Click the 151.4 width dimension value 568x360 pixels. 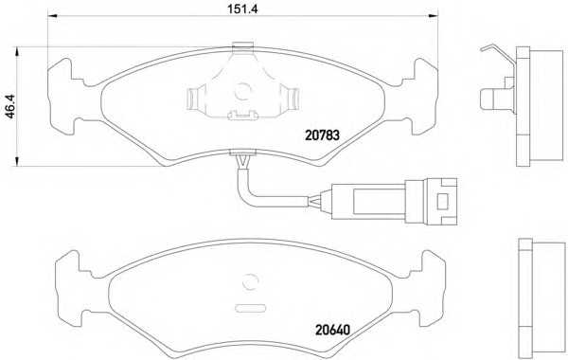pyautogui.click(x=242, y=9)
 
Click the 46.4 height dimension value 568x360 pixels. pyautogui.click(x=10, y=106)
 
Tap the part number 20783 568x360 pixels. pyautogui.click(x=323, y=135)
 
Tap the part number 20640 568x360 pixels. pyautogui.click(x=332, y=330)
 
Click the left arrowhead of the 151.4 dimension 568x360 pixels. pyautogui.click(x=52, y=15)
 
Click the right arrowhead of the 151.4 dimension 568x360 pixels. pyautogui.click(x=434, y=15)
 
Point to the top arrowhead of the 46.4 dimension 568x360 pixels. pyautogui.click(x=16, y=52)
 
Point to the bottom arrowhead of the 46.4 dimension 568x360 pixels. pyautogui.click(x=16, y=161)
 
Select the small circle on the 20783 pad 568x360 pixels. pyautogui.click(x=242, y=91)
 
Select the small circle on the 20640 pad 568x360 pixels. pyautogui.click(x=251, y=281)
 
